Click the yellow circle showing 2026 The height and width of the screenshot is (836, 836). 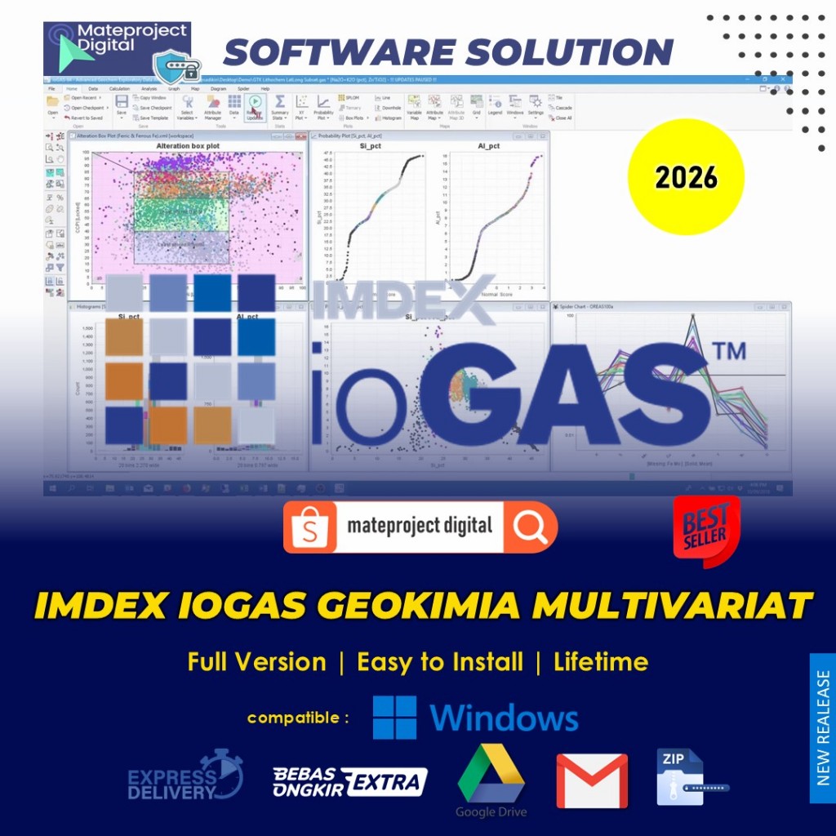pos(686,177)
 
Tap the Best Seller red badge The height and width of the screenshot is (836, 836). pos(706,531)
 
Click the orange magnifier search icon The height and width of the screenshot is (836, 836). pos(531,527)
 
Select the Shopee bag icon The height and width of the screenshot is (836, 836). pos(310,527)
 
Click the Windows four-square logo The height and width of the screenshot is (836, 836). pos(394,718)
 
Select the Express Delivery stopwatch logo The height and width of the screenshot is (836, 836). pos(186,776)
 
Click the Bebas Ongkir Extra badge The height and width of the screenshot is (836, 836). pos(349,781)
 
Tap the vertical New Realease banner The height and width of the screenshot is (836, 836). pos(822,727)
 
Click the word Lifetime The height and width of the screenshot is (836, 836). pos(601,661)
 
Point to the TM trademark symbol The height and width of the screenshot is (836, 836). pos(728,351)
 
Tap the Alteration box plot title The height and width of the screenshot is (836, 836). pos(187,145)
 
